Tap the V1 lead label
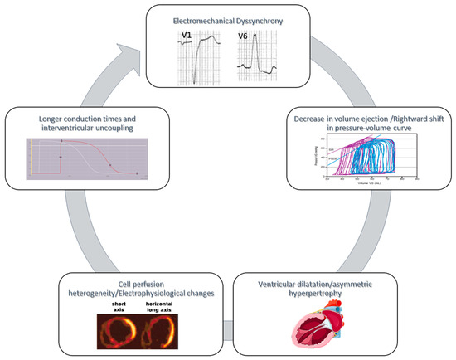187,35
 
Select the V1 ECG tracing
201,59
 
